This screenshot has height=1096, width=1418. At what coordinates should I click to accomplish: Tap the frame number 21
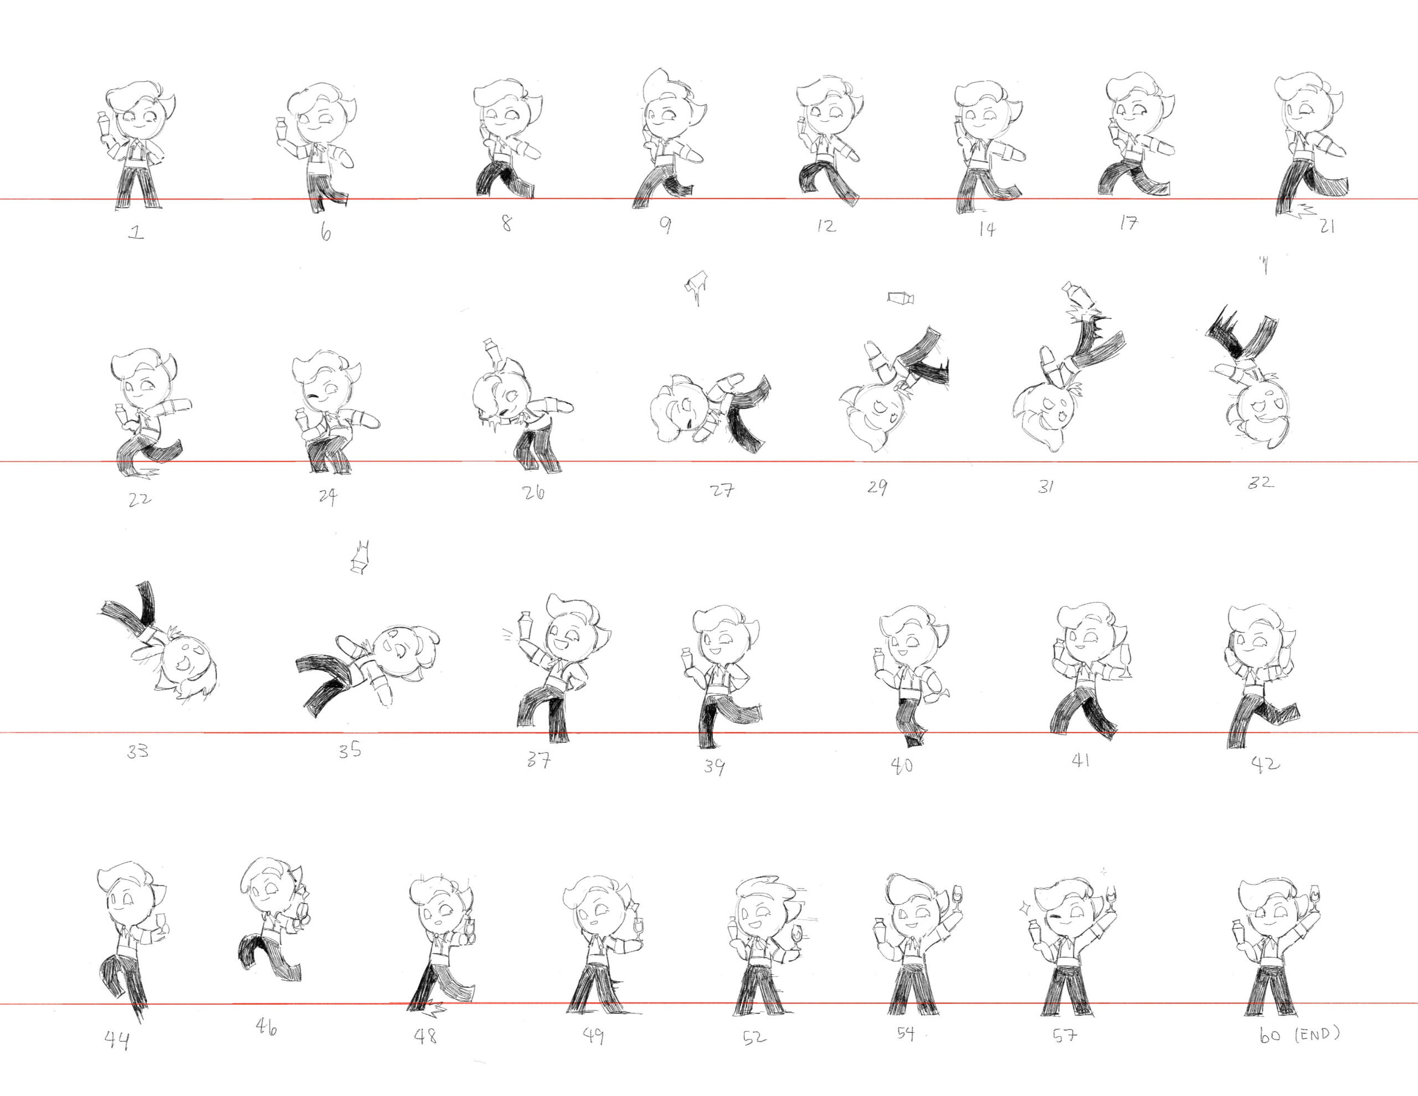[x=1327, y=226]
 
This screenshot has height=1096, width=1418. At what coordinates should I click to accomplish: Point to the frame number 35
[x=350, y=750]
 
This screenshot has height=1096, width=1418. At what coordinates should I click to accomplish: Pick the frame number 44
[x=117, y=1040]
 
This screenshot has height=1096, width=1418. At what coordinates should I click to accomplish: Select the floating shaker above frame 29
[x=901, y=298]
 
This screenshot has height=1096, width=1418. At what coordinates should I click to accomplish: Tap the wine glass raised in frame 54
[x=957, y=899]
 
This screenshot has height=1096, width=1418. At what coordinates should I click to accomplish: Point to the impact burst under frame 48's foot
[x=430, y=1008]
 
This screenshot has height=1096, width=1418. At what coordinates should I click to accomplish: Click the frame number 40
[x=902, y=765]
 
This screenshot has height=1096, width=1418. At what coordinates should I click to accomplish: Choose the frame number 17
[x=1128, y=223]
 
